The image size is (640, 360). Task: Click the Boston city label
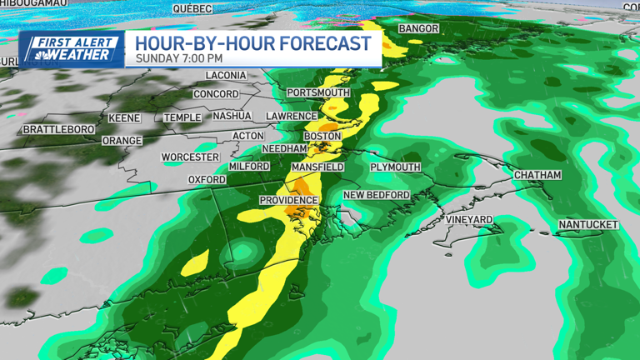coord(322,136)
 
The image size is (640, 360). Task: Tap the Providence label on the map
coord(288,200)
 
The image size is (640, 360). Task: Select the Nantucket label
coord(588,225)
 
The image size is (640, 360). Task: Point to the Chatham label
coord(537,175)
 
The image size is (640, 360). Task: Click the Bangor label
coord(418,28)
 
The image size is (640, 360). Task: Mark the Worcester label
coord(190,157)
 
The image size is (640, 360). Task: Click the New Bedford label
coord(377,195)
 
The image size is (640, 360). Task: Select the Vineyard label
coord(469,219)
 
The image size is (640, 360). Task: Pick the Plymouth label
coord(395,167)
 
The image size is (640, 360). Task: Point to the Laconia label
coord(226,75)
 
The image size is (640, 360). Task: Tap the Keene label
coord(125,118)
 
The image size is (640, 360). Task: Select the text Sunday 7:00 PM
coord(179,58)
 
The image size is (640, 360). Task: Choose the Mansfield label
coord(317,167)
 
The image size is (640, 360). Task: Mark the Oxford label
coord(207,179)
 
